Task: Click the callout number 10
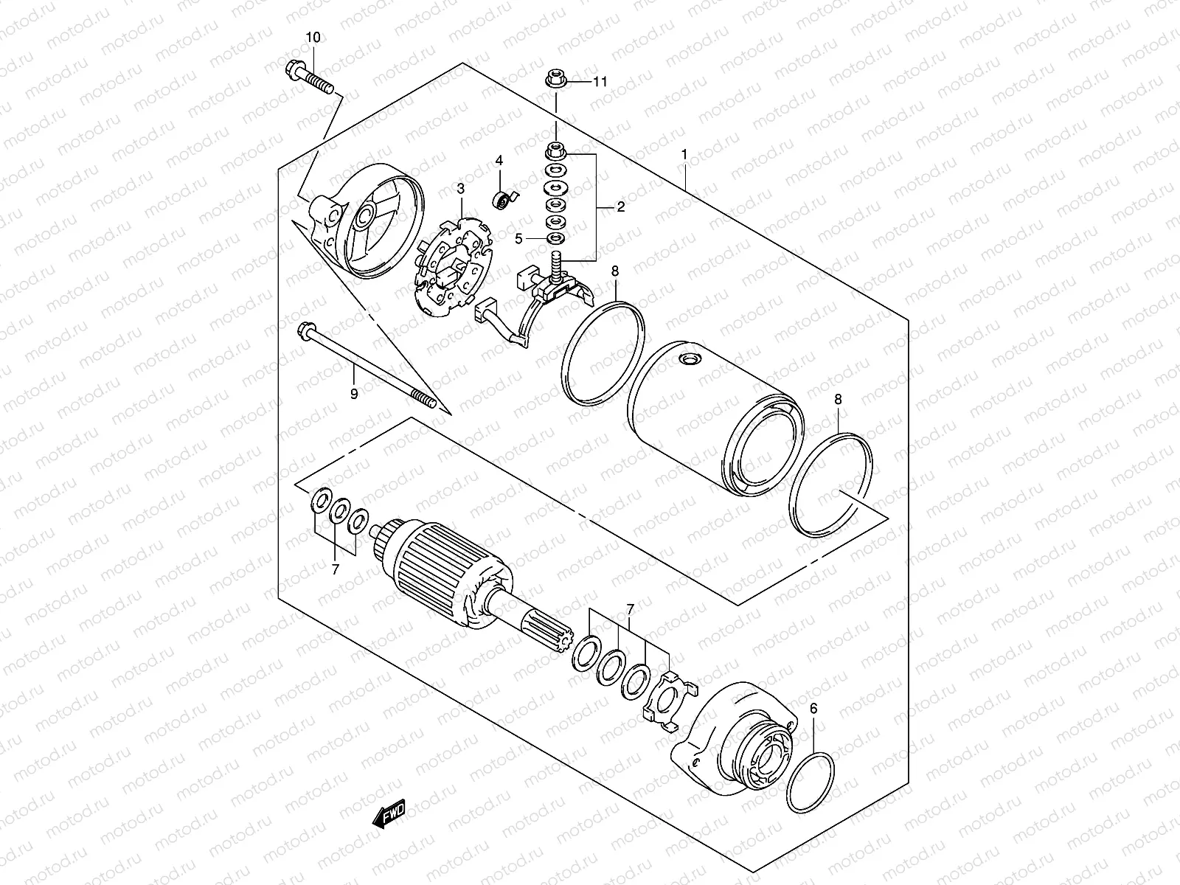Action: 313,37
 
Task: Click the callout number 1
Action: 684,155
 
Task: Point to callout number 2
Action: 620,208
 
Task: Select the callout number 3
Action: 461,190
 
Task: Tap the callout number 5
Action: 518,238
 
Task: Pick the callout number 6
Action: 813,709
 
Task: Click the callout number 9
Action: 354,395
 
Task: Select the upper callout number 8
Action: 614,272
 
